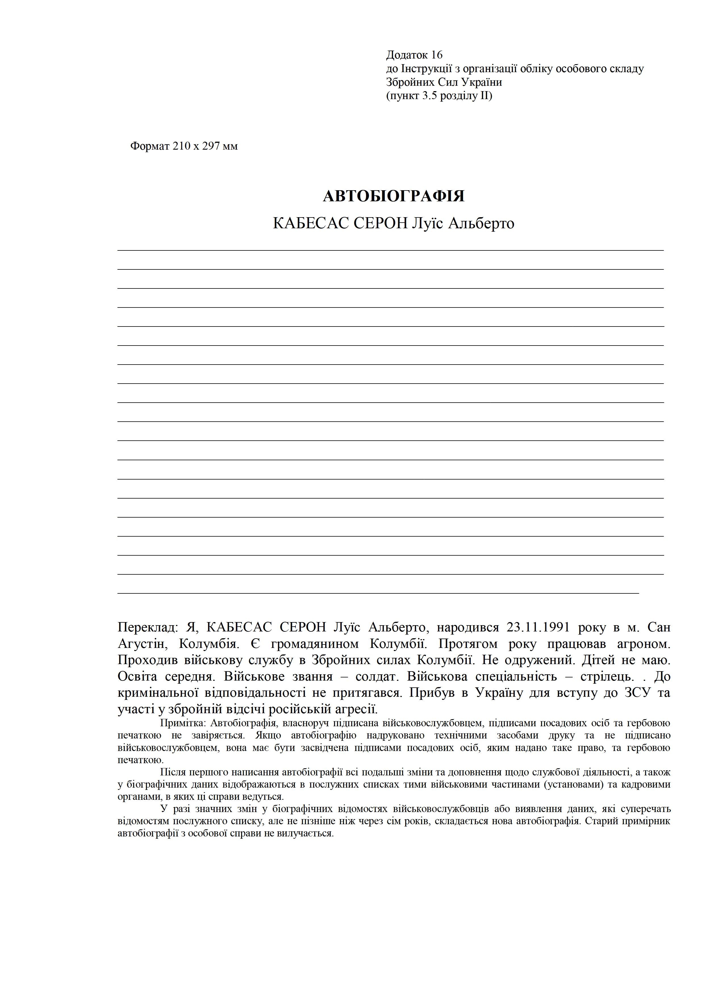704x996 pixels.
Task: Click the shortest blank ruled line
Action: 378,593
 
